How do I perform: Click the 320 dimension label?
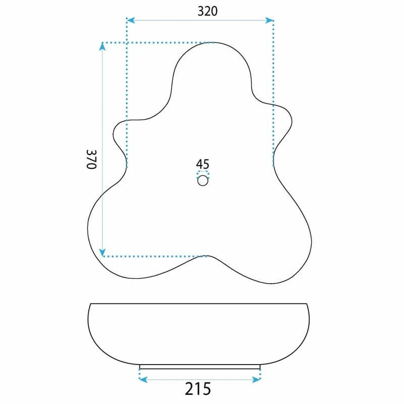pyautogui.click(x=208, y=11)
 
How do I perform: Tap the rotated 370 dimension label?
pyautogui.click(x=91, y=159)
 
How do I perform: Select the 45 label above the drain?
pyautogui.click(x=203, y=164)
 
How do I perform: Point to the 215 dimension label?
pyautogui.click(x=198, y=389)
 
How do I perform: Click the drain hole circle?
pyautogui.click(x=203, y=181)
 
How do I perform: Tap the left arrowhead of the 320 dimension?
pyautogui.click(x=131, y=20)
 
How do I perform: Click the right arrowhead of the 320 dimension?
pyautogui.click(x=269, y=20)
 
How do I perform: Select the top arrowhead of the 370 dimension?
pyautogui.click(x=103, y=46)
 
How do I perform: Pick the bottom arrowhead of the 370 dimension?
pyautogui.click(x=103, y=252)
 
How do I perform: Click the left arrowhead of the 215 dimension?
pyautogui.click(x=143, y=379)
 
